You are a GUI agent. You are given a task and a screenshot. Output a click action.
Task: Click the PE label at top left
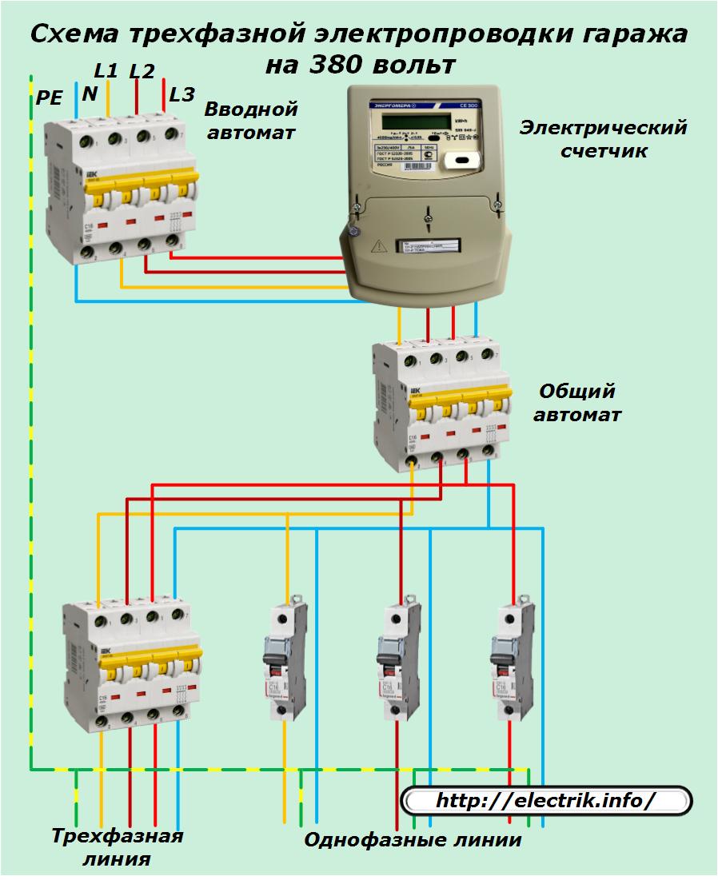click(x=48, y=98)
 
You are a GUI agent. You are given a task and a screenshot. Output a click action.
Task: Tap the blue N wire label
click(x=90, y=94)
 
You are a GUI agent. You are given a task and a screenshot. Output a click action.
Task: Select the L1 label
click(x=106, y=70)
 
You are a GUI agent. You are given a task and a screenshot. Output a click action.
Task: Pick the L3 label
click(x=181, y=95)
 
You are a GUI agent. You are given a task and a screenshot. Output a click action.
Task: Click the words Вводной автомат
click(x=251, y=120)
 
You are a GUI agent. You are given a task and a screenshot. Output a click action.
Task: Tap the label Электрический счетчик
click(x=603, y=139)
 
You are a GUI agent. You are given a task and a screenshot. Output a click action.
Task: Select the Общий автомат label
click(x=576, y=403)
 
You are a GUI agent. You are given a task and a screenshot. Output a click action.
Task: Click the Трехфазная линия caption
click(x=118, y=847)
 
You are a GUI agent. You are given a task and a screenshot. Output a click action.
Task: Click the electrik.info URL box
click(x=546, y=800)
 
